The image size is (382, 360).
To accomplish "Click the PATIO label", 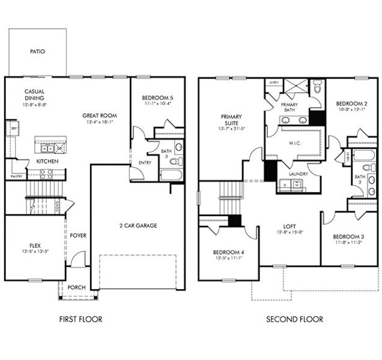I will [37, 52].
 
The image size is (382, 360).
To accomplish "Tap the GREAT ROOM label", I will [100, 116].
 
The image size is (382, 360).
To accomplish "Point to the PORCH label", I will [76, 287].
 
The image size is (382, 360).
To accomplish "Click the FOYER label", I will [78, 235].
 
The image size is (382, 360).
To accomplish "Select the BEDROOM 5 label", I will [157, 97].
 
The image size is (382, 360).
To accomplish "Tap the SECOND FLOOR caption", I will [294, 319].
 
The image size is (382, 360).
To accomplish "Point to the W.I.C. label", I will [294, 143].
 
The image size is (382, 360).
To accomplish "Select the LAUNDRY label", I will [298, 174].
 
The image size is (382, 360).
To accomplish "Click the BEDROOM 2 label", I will [350, 103].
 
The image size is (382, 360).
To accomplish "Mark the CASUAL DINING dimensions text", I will [35, 104].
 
